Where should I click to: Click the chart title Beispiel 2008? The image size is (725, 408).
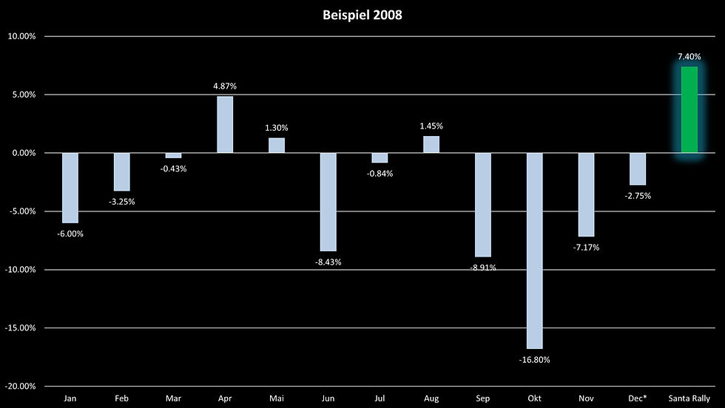click(x=362, y=15)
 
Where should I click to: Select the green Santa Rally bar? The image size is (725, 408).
click(x=689, y=110)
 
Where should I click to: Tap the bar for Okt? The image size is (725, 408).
click(x=534, y=251)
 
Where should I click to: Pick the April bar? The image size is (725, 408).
click(x=225, y=125)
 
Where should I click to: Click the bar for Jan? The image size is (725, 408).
click(x=70, y=188)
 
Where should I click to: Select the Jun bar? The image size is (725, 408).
click(x=328, y=202)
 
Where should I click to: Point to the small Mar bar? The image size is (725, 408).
click(x=173, y=155)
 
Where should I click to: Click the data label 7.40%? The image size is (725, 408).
click(x=689, y=56)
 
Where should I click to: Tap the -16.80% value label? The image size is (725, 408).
click(x=534, y=361)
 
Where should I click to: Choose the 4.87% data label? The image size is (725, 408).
click(x=225, y=86)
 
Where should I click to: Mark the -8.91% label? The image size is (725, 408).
click(x=482, y=268)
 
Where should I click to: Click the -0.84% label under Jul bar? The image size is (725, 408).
click(x=380, y=174)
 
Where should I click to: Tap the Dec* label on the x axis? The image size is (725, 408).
click(x=637, y=398)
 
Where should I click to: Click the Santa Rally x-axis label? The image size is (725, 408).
click(x=689, y=398)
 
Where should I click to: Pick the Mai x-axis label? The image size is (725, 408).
click(x=276, y=398)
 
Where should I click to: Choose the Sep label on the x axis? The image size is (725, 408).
click(x=482, y=398)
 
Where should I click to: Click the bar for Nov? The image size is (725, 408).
click(x=586, y=194)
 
